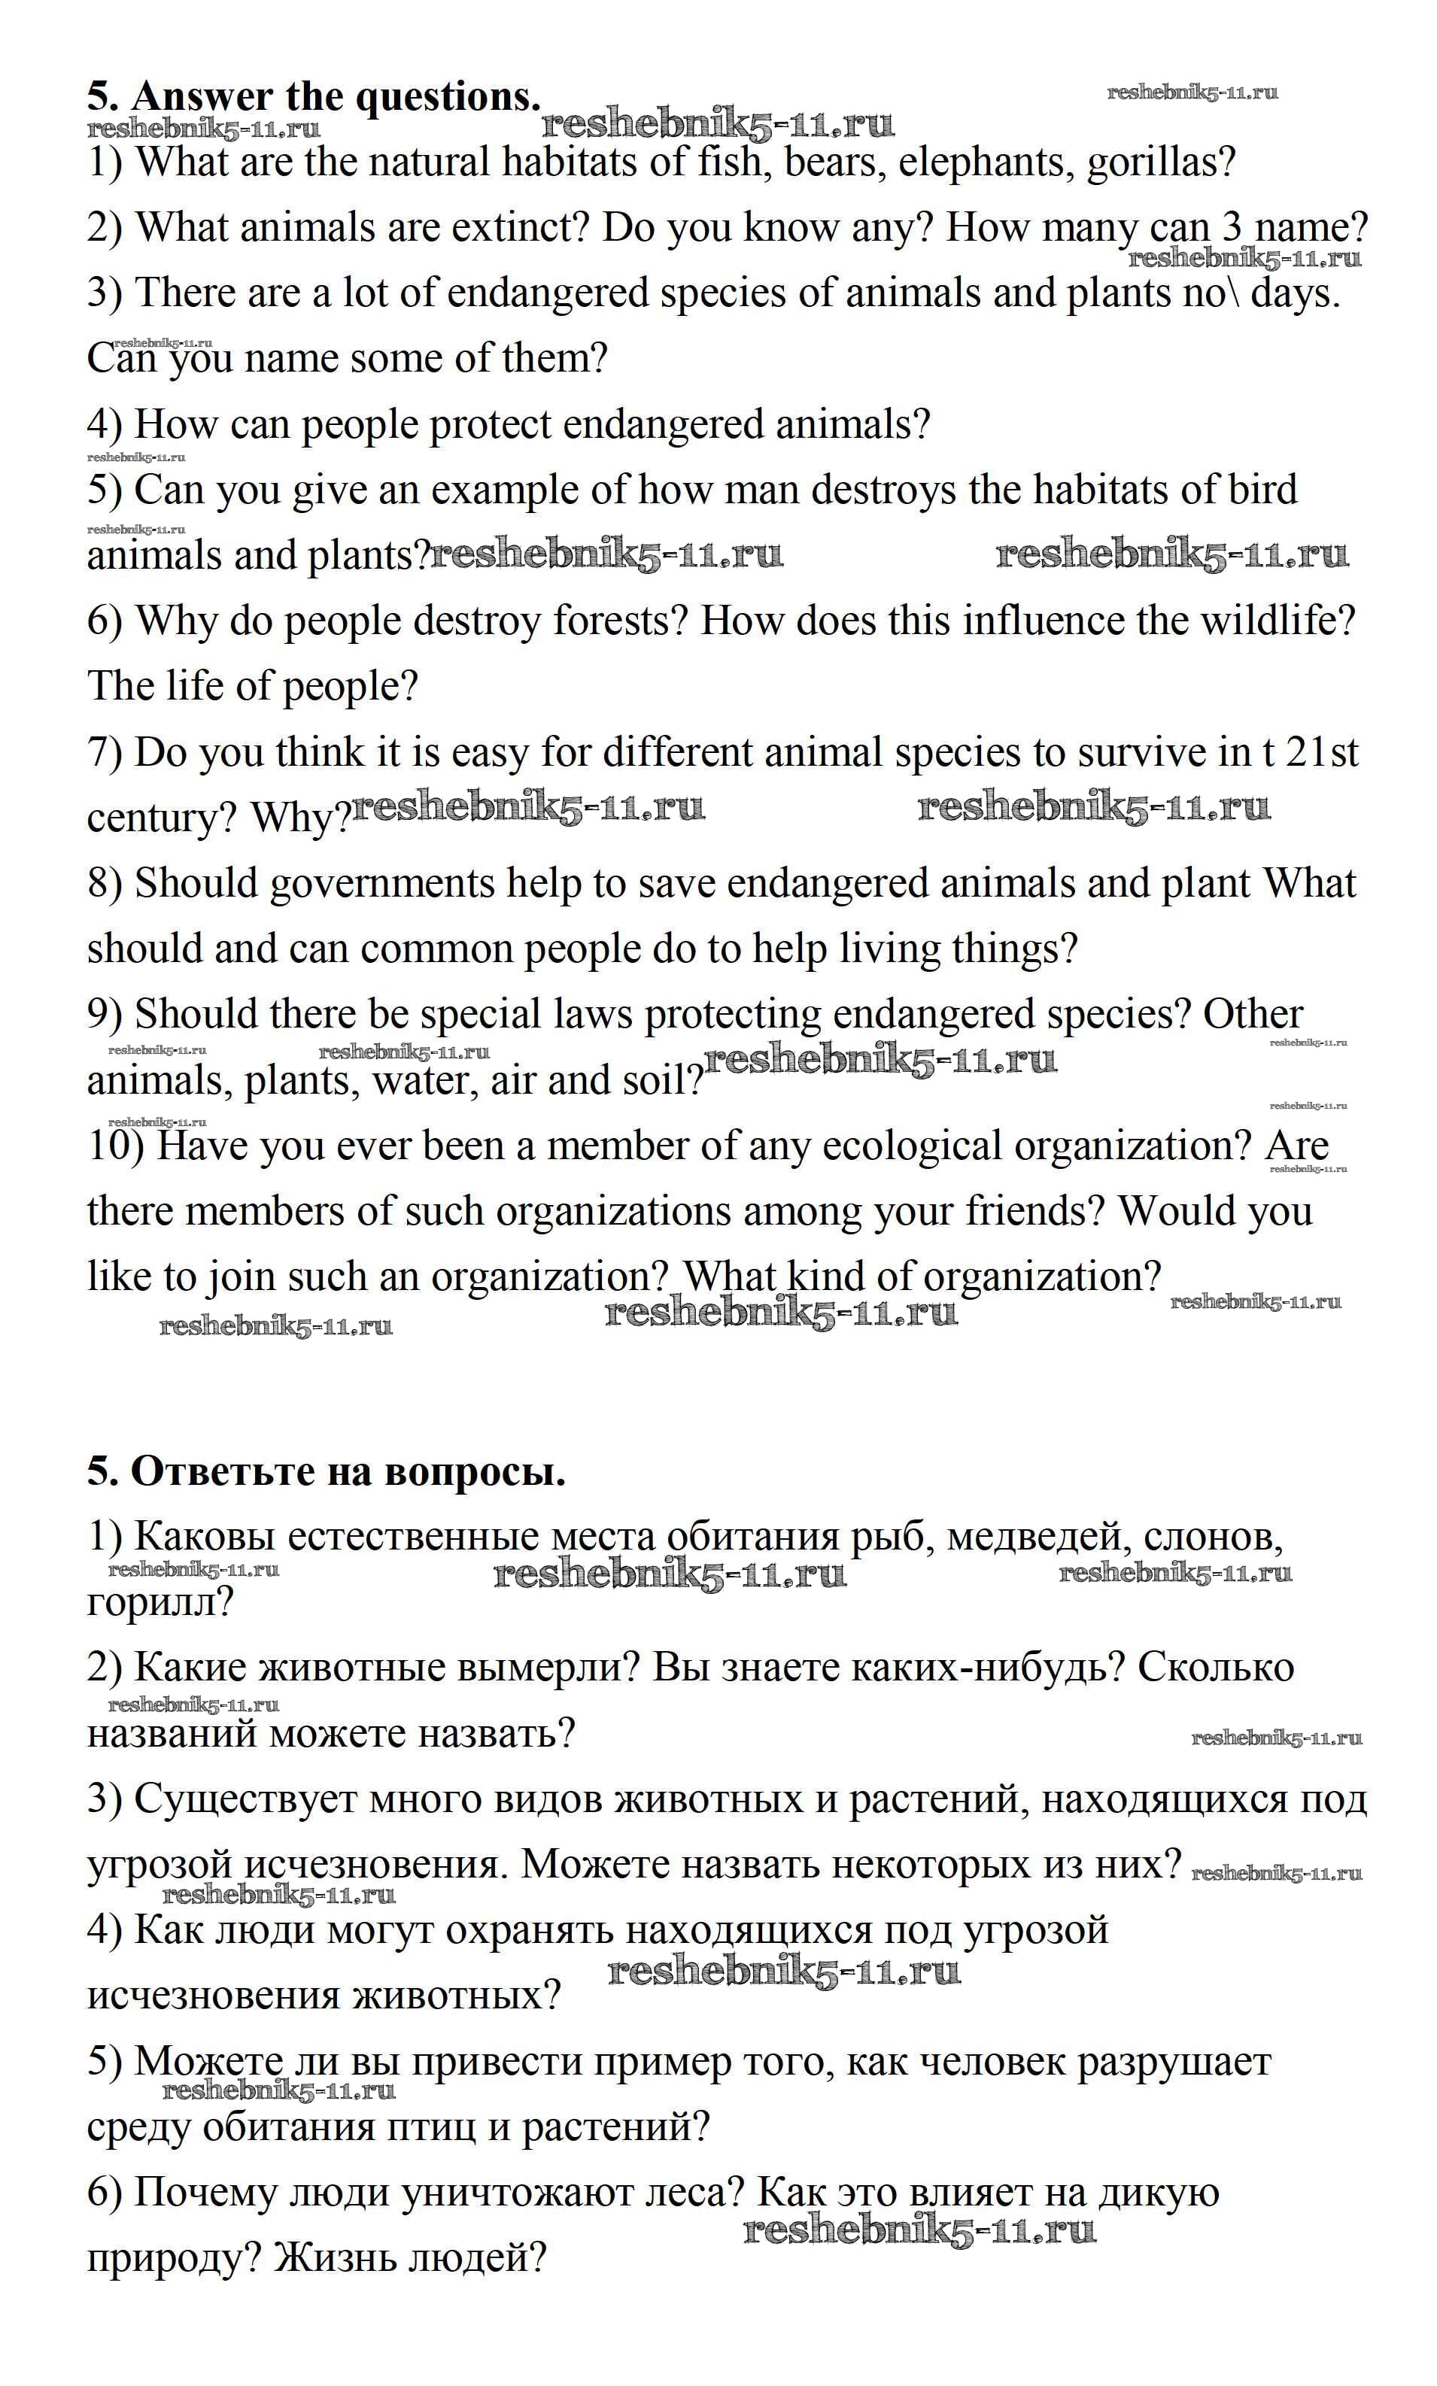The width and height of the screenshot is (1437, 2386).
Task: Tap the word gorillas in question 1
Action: pyautogui.click(x=1160, y=162)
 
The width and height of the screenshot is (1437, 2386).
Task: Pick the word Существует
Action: pyautogui.click(x=246, y=1800)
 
